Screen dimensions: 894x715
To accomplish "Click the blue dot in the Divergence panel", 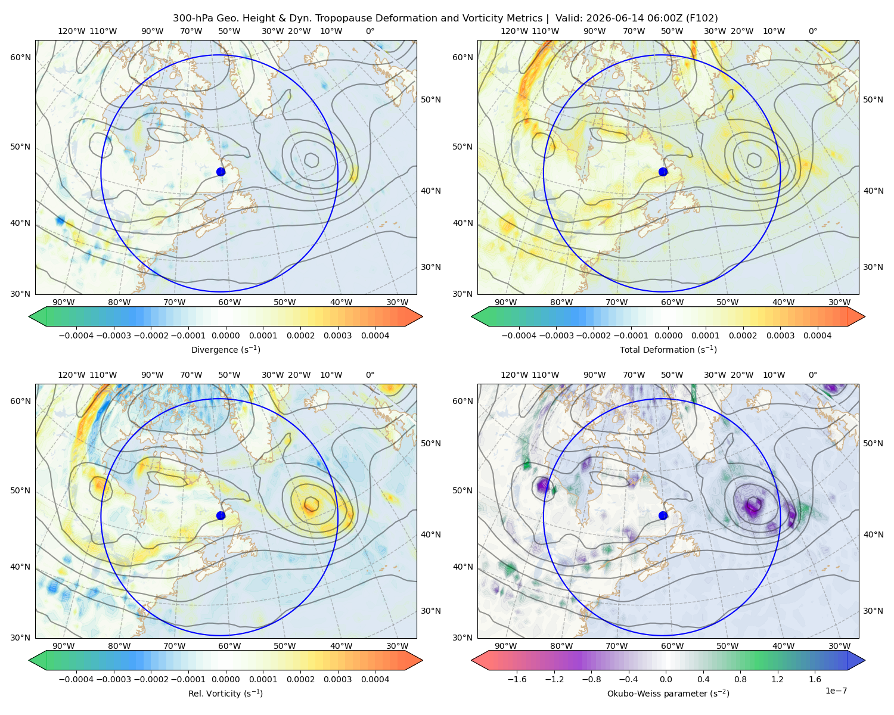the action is point(221,172).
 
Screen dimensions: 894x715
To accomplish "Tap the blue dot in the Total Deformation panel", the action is point(663,172).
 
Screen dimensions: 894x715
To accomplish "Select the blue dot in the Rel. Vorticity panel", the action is point(221,515).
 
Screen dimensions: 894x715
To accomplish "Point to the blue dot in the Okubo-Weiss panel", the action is point(663,515).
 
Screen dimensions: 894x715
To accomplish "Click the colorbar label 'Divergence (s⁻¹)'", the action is point(225,349).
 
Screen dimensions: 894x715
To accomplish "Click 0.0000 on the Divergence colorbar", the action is point(225,335).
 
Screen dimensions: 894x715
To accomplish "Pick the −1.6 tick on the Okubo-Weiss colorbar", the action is point(517,679).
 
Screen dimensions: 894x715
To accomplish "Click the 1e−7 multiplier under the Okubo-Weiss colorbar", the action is point(836,691).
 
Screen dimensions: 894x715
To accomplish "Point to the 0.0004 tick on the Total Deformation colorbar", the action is point(817,335).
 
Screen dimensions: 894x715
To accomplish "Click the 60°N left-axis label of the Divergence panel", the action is point(20,57).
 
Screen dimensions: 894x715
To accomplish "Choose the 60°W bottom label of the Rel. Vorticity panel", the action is point(229,646).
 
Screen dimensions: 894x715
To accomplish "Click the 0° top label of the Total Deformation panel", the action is point(813,31).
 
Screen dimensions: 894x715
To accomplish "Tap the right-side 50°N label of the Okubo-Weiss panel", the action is point(873,443).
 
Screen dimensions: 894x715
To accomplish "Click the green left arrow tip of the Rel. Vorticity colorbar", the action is point(29,660).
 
